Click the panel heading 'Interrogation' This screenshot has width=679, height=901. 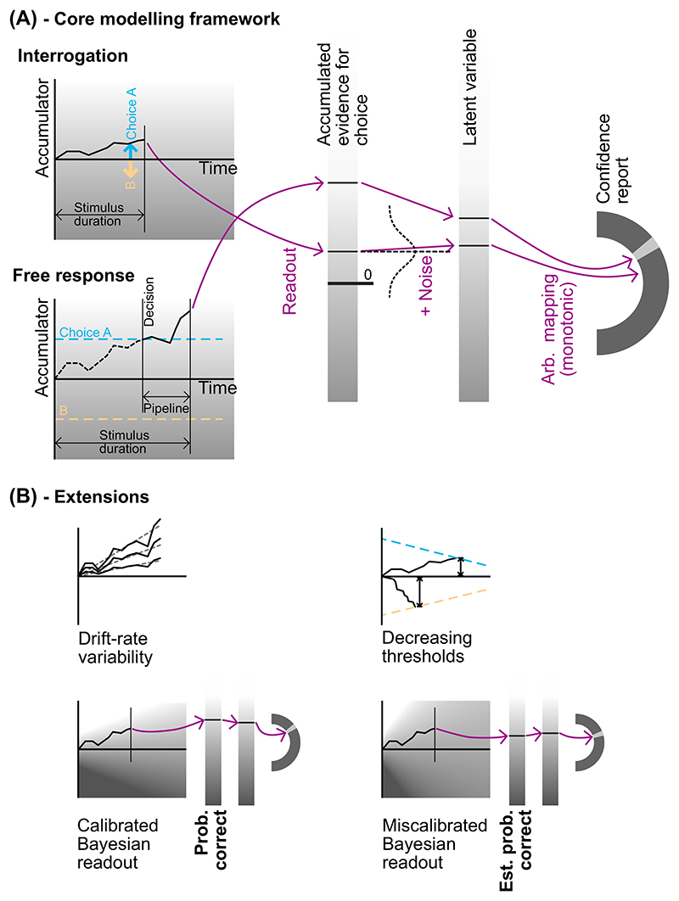72,56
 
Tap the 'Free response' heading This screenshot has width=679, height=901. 73,275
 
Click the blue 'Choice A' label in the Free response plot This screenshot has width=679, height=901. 85,332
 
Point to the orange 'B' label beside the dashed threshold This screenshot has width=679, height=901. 64,411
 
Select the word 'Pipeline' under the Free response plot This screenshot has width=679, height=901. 166,409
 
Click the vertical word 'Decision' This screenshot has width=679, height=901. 149,302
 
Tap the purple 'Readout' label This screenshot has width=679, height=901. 289,281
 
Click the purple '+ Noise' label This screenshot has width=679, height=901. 425,286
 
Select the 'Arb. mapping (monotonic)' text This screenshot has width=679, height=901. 558,329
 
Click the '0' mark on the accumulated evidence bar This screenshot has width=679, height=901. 368,275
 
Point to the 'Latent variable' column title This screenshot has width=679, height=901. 469,87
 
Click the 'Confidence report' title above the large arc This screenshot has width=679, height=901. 612,159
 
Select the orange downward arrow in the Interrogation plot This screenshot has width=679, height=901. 131,169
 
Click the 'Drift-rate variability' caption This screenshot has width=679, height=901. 115,647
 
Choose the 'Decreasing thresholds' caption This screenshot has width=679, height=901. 427,647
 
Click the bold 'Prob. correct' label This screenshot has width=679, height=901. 210,840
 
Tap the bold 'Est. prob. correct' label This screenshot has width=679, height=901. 515,851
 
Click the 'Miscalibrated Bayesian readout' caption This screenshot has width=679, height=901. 435,844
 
